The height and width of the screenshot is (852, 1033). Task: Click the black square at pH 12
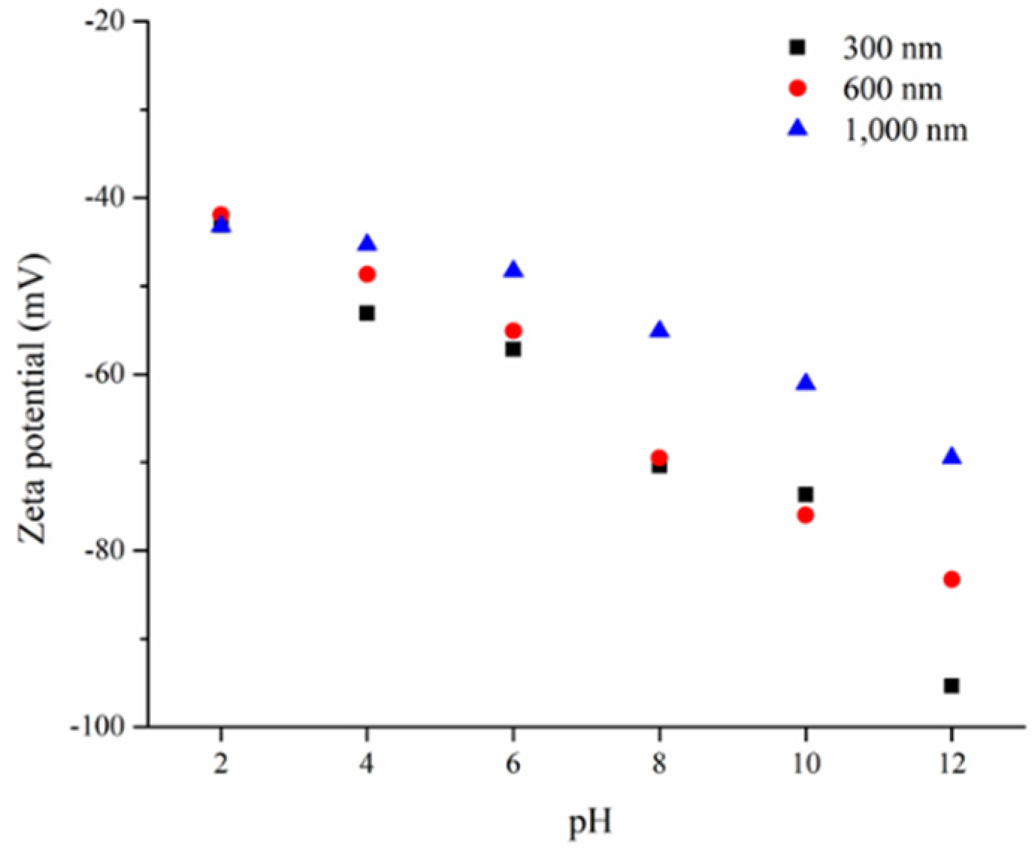point(951,685)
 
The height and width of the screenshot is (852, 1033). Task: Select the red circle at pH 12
point(951,579)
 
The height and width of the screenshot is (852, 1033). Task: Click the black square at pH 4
point(367,313)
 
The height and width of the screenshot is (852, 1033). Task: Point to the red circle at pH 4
point(367,274)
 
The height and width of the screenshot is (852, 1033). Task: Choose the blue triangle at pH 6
point(513,270)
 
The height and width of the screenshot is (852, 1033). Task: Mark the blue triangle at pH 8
point(659,330)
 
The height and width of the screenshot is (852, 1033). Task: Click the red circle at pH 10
point(805,515)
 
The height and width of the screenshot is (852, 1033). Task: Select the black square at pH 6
point(513,349)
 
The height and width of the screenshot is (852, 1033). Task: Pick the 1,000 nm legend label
point(905,130)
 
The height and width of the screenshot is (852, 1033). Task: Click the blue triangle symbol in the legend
point(798,129)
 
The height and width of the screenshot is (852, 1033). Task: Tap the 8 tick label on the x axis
point(659,764)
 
